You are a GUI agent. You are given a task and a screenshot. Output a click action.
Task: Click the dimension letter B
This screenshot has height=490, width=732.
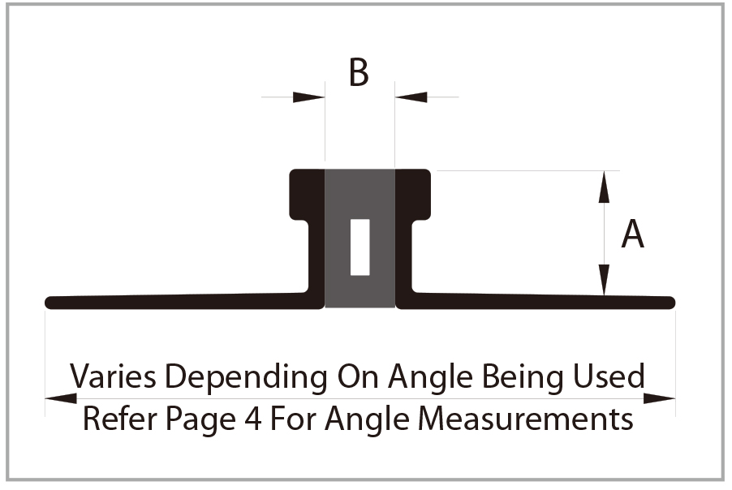click(359, 73)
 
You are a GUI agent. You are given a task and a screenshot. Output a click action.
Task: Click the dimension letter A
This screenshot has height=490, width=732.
click(632, 235)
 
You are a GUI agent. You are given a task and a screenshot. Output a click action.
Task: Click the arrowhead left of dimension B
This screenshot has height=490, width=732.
click(309, 97)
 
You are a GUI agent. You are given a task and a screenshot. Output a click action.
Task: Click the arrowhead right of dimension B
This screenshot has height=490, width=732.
click(411, 97)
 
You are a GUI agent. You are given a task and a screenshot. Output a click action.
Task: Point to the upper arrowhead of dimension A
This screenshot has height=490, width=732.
click(603, 187)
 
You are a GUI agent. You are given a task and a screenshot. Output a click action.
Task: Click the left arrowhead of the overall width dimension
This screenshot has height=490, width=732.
click(60, 398)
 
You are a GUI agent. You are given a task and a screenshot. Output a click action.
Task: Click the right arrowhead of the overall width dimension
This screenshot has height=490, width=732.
click(660, 398)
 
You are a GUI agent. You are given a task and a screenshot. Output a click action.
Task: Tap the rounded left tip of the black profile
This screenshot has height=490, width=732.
click(51, 303)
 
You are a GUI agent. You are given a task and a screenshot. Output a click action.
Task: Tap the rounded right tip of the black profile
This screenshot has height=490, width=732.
click(670, 303)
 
